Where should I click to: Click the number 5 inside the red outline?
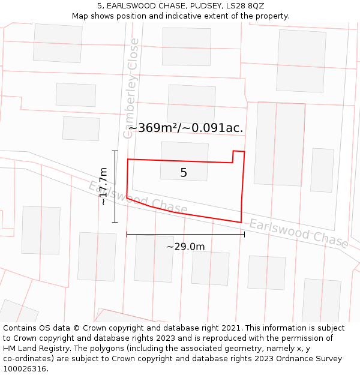(184, 173)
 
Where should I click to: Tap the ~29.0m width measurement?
(185, 247)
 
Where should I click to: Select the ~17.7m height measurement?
(104, 187)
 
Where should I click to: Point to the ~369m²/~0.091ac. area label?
(185, 128)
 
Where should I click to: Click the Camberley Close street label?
(131, 88)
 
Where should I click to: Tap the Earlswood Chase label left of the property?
(137, 197)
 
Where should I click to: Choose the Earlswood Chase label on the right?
(298, 233)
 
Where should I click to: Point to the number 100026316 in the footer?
(25, 369)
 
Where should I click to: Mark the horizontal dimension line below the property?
(185, 234)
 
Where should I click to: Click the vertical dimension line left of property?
(115, 187)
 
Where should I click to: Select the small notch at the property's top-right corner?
(238, 156)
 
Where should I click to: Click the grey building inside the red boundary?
(184, 161)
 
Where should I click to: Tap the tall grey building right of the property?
(280, 144)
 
